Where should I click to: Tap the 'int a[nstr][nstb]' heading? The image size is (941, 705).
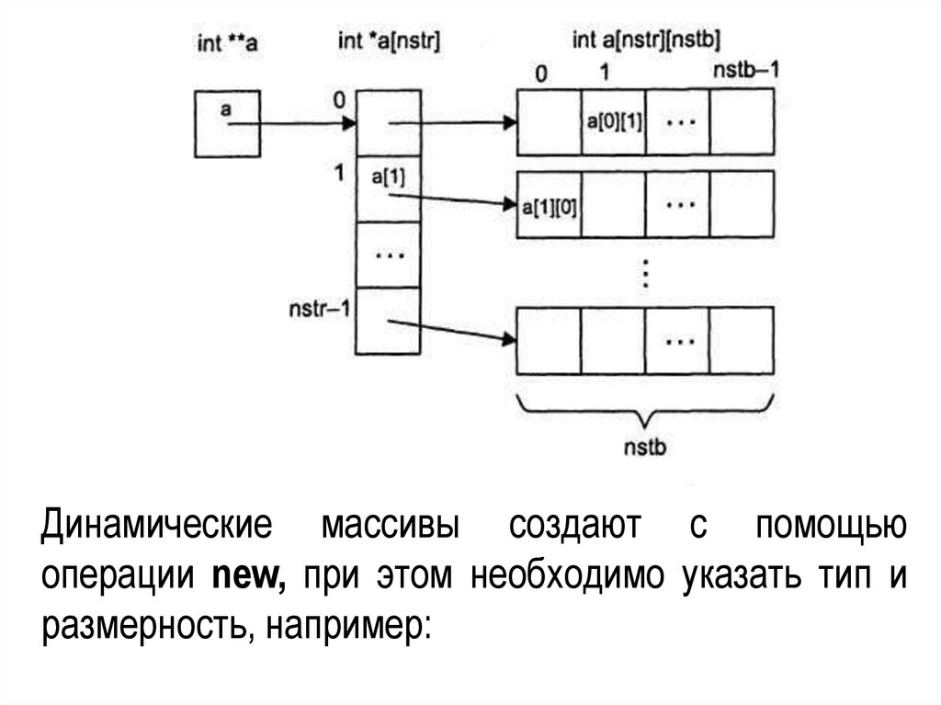tap(646, 40)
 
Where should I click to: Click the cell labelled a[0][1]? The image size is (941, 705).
tap(613, 122)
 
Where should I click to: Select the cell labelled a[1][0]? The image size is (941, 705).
tap(550, 206)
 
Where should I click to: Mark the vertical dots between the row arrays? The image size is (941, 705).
tap(645, 273)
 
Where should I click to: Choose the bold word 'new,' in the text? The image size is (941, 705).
tap(250, 576)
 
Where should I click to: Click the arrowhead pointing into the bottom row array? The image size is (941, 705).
tap(507, 340)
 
